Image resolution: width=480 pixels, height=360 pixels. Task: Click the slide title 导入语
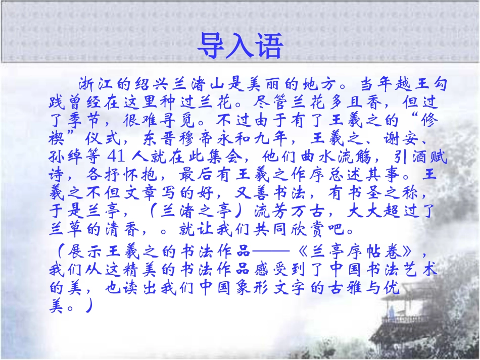point(239,46)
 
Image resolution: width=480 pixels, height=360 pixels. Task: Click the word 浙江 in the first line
point(94,84)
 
